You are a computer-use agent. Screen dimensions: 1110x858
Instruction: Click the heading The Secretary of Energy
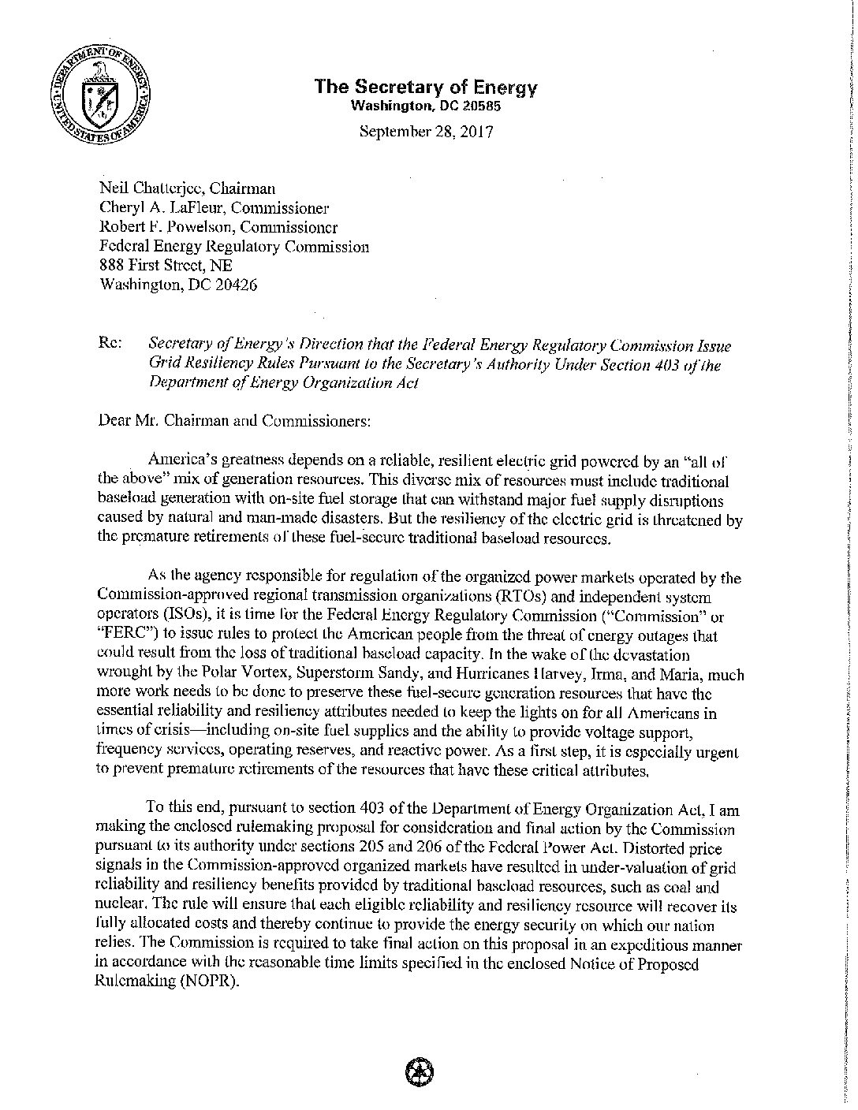pyautogui.click(x=425, y=87)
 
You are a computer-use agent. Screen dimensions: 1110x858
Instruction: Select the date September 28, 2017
pyautogui.click(x=426, y=131)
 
